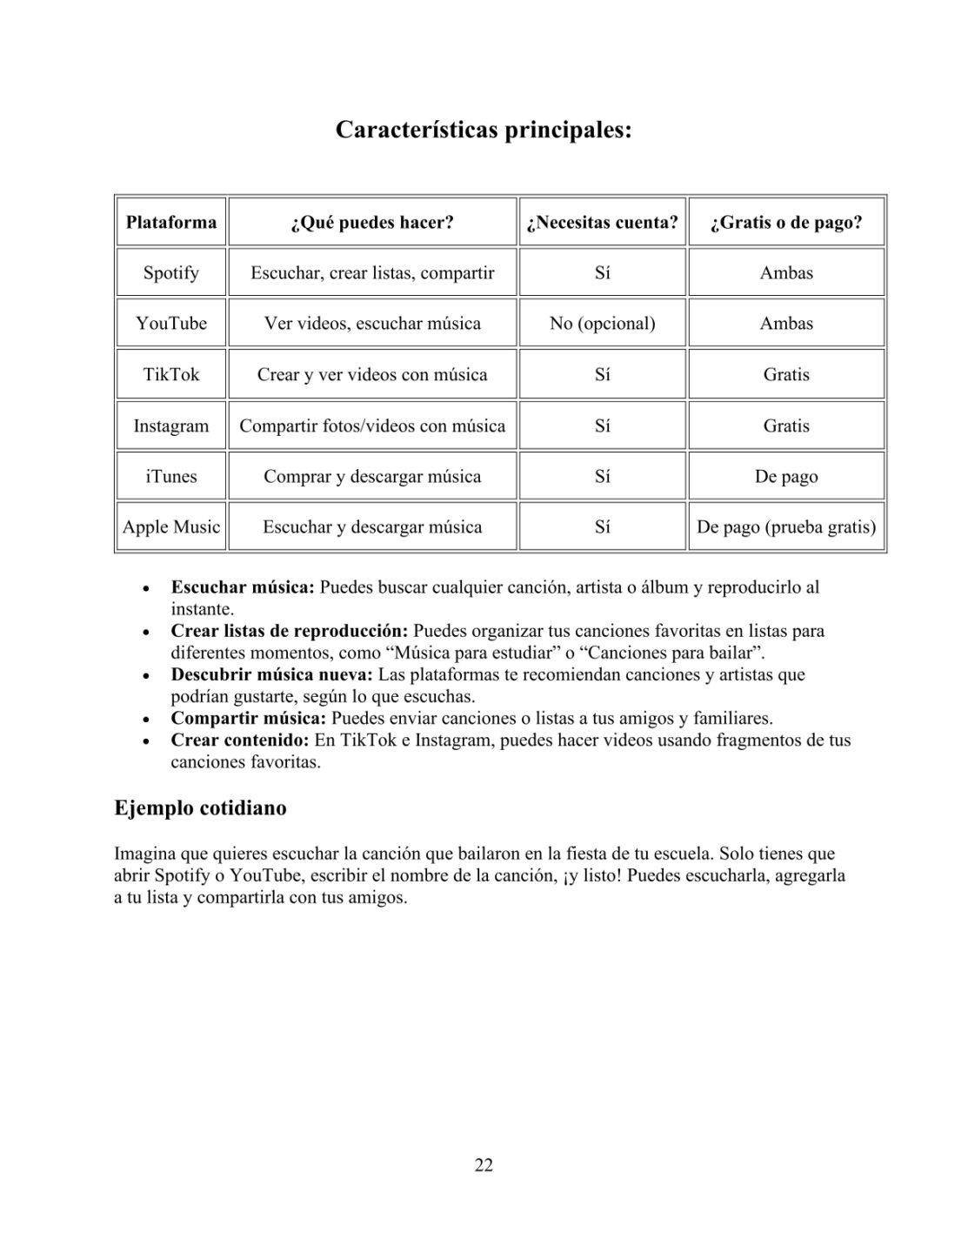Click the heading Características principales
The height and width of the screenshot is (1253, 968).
[x=484, y=131]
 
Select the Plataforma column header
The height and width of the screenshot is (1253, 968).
[x=171, y=222]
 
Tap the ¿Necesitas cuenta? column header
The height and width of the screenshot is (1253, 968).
[x=602, y=222]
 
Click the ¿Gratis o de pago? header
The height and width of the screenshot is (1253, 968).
[x=786, y=222]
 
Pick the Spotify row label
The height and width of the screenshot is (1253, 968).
[x=171, y=272]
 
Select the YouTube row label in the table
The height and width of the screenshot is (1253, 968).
[x=171, y=323]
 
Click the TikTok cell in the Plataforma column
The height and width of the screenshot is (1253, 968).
[x=171, y=374]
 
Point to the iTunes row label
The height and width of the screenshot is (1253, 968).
[x=171, y=476]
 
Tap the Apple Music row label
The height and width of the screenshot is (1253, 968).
[x=171, y=526]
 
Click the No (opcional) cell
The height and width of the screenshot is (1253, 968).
[x=602, y=323]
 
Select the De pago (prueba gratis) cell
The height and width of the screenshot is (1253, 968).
[x=786, y=526]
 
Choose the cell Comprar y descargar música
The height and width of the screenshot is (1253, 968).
[x=372, y=476]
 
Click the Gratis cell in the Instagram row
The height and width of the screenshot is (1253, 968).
[x=786, y=425]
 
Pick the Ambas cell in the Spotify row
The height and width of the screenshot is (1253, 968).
[x=786, y=272]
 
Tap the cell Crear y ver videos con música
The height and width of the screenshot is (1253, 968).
[x=372, y=374]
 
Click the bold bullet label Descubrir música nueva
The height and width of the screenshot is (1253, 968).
[x=272, y=674]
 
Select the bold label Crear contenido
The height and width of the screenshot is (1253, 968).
[x=240, y=740]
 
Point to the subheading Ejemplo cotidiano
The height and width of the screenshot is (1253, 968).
[x=200, y=807]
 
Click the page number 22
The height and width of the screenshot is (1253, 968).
[x=484, y=1165]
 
